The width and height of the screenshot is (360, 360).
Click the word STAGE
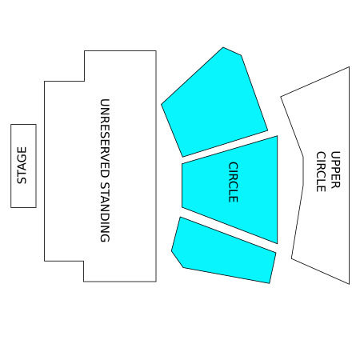(x=22, y=166)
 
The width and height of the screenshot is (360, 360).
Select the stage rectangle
(x=23, y=166)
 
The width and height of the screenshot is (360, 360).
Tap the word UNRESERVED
(x=105, y=138)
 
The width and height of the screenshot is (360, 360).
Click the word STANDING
(x=105, y=212)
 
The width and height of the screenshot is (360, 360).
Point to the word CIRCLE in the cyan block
(x=233, y=182)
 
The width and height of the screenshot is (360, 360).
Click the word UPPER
(x=335, y=170)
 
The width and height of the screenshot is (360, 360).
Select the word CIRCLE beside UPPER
(x=321, y=172)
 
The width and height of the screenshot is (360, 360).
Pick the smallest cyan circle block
(x=224, y=250)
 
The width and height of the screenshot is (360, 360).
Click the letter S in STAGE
(x=22, y=181)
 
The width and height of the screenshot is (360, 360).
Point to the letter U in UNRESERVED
(x=105, y=102)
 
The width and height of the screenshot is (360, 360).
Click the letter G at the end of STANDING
(x=105, y=238)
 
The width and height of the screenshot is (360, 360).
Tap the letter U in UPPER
(x=335, y=155)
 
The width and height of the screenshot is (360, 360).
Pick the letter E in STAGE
(x=22, y=150)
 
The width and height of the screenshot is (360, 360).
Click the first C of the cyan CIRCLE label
(x=233, y=166)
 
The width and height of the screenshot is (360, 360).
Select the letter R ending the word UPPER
(x=335, y=185)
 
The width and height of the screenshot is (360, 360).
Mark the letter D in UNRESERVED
(x=105, y=174)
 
